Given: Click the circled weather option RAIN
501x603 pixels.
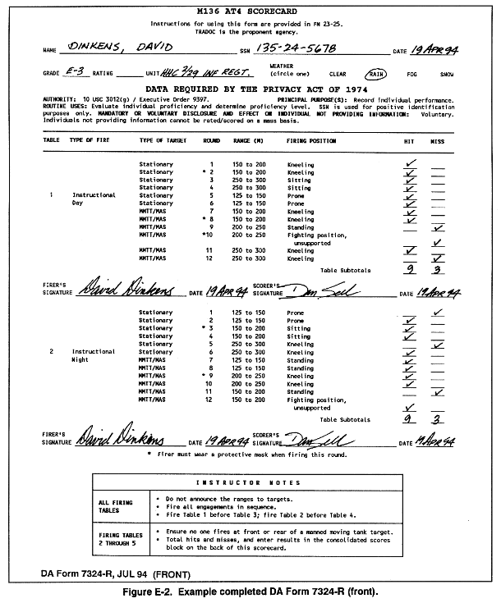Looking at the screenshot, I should point(378,73).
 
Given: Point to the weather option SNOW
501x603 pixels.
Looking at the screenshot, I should point(446,74).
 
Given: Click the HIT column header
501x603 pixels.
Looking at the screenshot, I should point(409,140).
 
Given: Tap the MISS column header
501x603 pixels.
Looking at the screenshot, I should point(438,140).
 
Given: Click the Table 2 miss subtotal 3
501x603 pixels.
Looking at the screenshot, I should point(438,418).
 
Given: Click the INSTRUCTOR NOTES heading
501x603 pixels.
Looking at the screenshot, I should point(251,483).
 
